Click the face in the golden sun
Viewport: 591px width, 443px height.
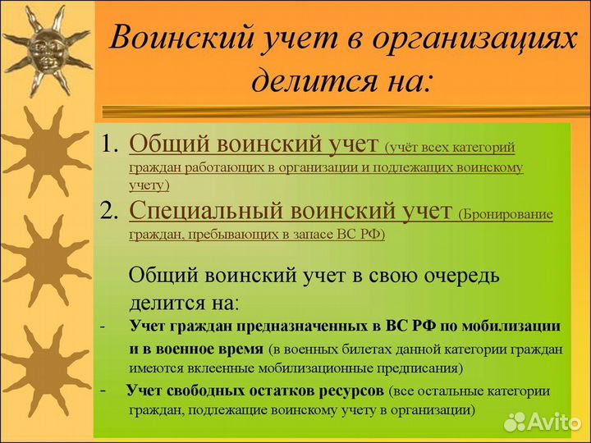pyautogui.click(x=46, y=49)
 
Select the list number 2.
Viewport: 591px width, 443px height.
pyautogui.click(x=110, y=212)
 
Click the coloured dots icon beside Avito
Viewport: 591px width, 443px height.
pyautogui.click(x=515, y=421)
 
